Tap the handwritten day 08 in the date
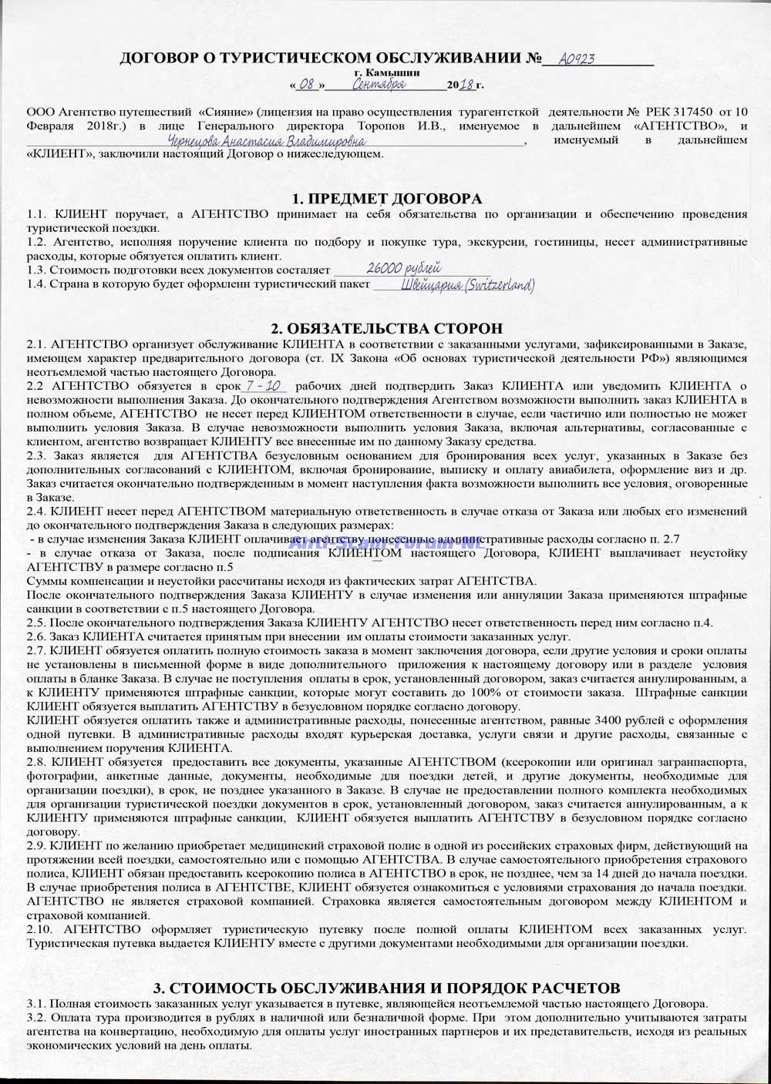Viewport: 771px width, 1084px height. click(306, 84)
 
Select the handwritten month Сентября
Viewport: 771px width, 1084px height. click(378, 84)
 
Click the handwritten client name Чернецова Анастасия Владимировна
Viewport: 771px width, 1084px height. click(267, 142)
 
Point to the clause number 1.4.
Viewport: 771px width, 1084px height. click(35, 284)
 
